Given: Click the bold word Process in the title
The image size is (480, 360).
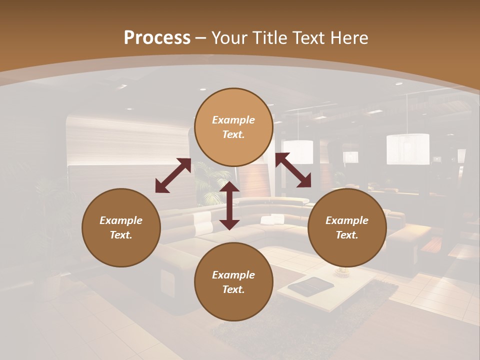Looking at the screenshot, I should pyautogui.click(x=157, y=37).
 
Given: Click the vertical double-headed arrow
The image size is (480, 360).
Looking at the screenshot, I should pyautogui.click(x=229, y=205).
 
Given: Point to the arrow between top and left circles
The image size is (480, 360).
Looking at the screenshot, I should pyautogui.click(x=173, y=175).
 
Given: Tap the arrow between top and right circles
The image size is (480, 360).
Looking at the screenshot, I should pyautogui.click(x=293, y=170).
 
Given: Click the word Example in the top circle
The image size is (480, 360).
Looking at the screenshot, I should pyautogui.click(x=233, y=120).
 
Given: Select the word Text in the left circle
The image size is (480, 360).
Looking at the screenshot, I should pyautogui.click(x=121, y=235).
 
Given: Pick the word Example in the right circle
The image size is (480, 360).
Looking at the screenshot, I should pyautogui.click(x=347, y=220).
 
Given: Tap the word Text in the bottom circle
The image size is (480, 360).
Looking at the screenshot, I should pyautogui.click(x=233, y=289).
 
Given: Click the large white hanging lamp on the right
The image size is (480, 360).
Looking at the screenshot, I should pyautogui.click(x=407, y=148).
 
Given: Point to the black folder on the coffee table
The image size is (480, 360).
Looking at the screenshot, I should pyautogui.click(x=310, y=286).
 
